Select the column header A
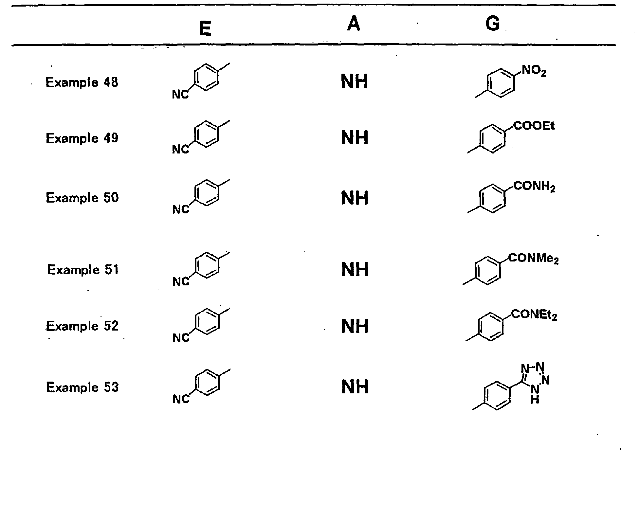click(x=354, y=24)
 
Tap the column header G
click(x=493, y=24)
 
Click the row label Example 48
click(x=82, y=82)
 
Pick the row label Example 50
click(x=82, y=198)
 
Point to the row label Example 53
click(x=82, y=387)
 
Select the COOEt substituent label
click(x=534, y=126)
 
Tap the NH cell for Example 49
click(x=355, y=138)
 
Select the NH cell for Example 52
click(x=355, y=326)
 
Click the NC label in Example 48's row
click(x=180, y=95)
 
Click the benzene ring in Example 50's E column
click(x=207, y=193)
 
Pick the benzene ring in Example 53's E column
click(x=207, y=383)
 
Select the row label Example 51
click(x=83, y=270)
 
